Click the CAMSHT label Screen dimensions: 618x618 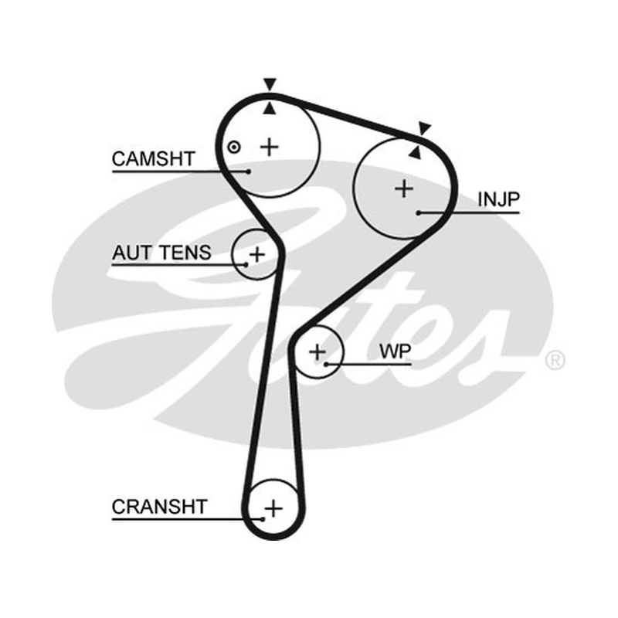[153, 159]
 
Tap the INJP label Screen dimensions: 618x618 [498, 199]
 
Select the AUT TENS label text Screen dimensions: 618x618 [161, 253]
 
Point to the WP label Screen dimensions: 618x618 [395, 351]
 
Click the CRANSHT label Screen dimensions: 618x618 [159, 507]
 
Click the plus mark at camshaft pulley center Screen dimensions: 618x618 [270, 147]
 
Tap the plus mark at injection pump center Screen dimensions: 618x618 [404, 188]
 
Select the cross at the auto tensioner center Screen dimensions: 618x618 [257, 254]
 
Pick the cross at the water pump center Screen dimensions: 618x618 [317, 351]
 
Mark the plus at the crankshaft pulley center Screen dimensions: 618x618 [273, 508]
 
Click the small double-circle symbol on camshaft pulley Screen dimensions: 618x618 [234, 148]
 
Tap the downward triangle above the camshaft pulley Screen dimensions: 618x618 [270, 84]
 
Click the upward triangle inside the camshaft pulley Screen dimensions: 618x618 [270, 108]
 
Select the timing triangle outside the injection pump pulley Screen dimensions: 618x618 [424, 128]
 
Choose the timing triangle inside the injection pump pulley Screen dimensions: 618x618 [415, 152]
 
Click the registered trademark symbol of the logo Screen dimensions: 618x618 [555, 360]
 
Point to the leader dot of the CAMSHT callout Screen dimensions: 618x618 [248, 171]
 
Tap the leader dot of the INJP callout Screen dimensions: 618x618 [419, 213]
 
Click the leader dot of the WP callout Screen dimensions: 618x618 [326, 365]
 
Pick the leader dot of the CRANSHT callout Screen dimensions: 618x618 [263, 519]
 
